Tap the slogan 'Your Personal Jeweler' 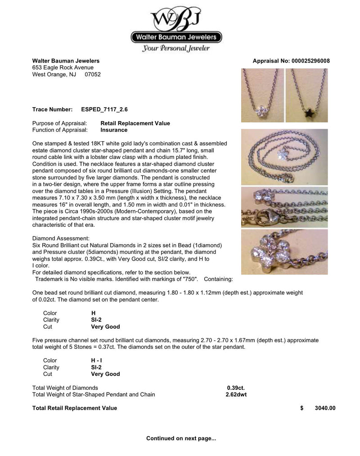(176, 49)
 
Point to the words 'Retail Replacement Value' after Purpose (135, 123)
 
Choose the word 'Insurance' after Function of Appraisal (113, 130)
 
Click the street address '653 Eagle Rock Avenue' (63, 68)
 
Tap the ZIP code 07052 (93, 74)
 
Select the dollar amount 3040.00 (325, 408)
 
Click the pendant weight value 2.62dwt (236, 395)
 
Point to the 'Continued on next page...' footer (181, 438)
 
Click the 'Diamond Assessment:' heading (61, 238)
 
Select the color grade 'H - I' (96, 361)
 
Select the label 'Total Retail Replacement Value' (75, 408)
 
